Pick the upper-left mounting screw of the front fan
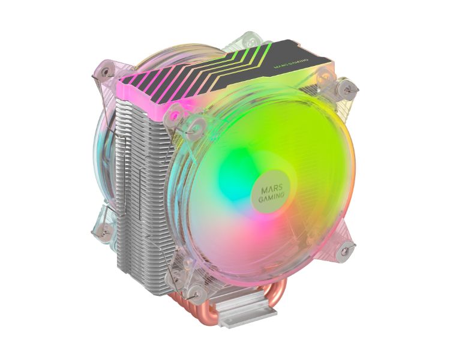tap(176, 111)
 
